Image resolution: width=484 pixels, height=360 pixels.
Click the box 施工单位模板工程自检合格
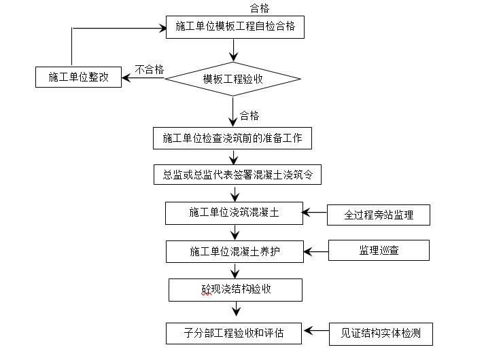coord(234,27)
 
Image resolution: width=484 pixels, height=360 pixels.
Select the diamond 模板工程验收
coord(233,79)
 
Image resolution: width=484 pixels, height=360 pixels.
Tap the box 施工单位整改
coord(78,77)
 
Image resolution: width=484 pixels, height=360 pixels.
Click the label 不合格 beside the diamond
coord(150,69)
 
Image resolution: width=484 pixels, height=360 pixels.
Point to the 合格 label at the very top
coord(259,8)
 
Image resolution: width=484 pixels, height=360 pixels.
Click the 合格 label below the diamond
coord(249,116)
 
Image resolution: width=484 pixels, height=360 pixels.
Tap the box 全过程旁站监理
coord(379,215)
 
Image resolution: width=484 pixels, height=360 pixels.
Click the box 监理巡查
coord(379,251)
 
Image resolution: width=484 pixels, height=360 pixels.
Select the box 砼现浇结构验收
coord(235,289)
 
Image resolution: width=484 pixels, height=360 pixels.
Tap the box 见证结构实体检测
coord(381,334)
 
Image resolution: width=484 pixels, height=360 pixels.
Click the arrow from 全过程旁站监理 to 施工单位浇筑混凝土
coord(315,213)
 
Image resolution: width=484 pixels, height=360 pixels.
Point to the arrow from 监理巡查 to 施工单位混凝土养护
coord(316,251)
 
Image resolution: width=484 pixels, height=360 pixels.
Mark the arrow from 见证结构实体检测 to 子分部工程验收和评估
coord(317,331)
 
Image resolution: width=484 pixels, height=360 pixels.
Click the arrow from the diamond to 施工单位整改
coord(143,77)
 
